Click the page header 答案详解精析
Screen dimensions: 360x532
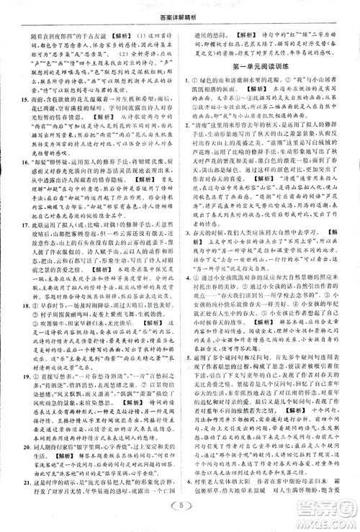[179, 8]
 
